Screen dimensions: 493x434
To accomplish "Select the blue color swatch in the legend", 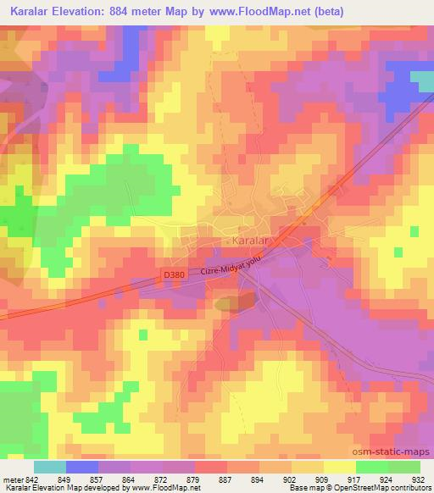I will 81,467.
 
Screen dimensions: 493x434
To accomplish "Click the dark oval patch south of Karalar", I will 227,302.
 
